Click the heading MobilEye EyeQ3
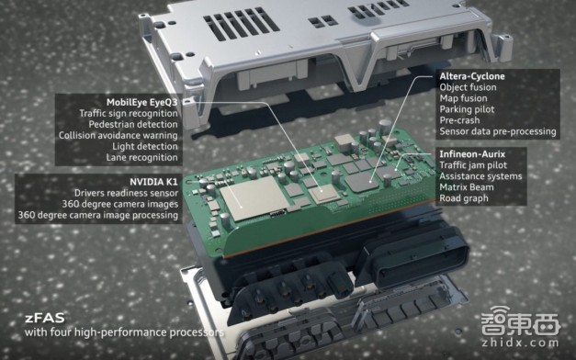[x=141, y=102]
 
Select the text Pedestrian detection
[x=133, y=124]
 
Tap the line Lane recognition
[x=141, y=157]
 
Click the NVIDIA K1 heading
[x=153, y=182]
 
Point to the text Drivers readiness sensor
[x=126, y=193]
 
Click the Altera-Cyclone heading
[x=472, y=76]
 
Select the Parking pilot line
[x=467, y=109]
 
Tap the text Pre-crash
[x=459, y=120]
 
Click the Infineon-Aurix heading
[x=472, y=154]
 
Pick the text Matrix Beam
[x=467, y=187]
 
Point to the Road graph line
[x=464, y=198]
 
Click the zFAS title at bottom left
[x=45, y=318]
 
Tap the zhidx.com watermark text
[x=520, y=343]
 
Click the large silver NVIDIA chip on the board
[x=254, y=197]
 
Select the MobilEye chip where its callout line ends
[x=323, y=193]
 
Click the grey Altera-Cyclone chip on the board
[x=363, y=182]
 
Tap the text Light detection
[x=145, y=146]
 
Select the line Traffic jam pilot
[x=473, y=165]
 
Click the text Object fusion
[x=468, y=87]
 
